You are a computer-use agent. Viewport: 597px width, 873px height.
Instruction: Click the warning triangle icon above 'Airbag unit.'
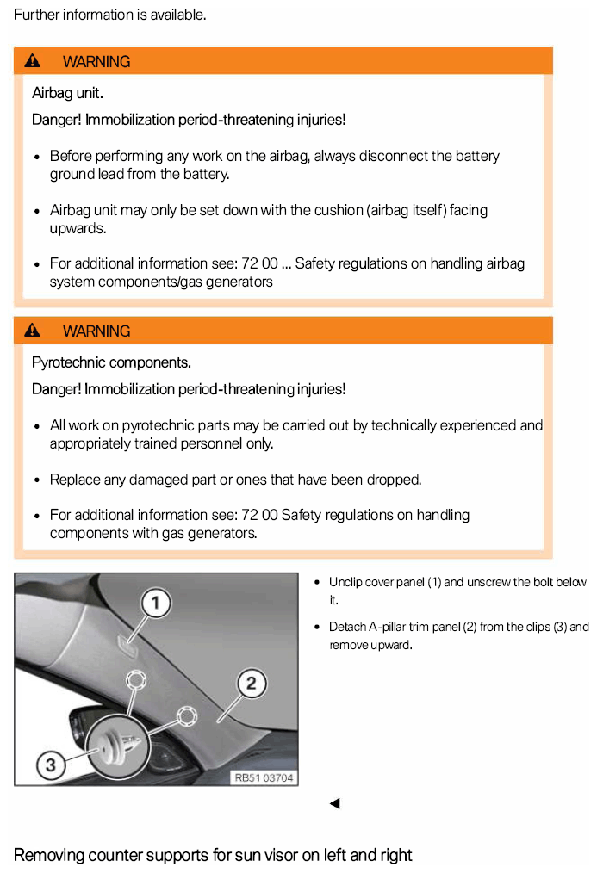pos(33,61)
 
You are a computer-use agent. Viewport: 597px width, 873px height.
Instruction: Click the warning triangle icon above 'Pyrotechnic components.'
pos(33,331)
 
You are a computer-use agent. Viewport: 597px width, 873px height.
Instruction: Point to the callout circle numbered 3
pos(50,765)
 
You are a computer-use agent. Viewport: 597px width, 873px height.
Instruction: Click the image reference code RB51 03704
pos(264,777)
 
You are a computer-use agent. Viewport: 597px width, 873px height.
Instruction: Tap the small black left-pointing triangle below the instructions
pos(334,804)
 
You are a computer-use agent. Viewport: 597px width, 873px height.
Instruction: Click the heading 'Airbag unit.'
pos(67,93)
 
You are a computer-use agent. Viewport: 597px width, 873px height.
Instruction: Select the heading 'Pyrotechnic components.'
pos(111,362)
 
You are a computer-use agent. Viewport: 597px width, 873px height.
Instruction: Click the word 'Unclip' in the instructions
pos(345,582)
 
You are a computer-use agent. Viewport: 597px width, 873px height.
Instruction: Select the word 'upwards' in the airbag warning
pos(77,228)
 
